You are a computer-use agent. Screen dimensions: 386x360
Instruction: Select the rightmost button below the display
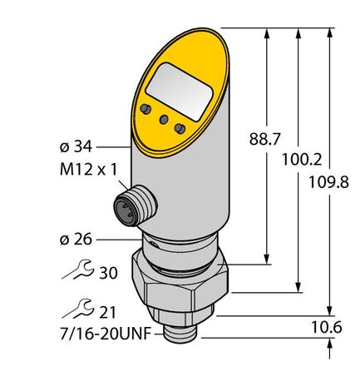coord(178,128)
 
